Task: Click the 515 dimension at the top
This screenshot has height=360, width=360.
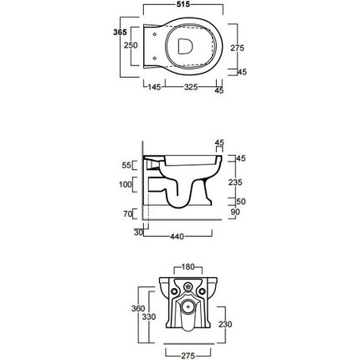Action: point(183,4)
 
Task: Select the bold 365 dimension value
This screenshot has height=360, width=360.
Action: point(120,32)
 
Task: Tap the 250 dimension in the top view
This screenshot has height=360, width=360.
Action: point(131,45)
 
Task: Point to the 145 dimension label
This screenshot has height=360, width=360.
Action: point(154,87)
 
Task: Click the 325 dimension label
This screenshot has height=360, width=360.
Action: point(191,87)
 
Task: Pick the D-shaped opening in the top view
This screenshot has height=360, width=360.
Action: point(185,46)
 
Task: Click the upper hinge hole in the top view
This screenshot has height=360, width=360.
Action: point(155,34)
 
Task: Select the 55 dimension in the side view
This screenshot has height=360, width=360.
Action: point(126,165)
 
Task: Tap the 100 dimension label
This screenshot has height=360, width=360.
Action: point(126,184)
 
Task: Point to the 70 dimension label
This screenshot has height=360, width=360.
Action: point(127,213)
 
